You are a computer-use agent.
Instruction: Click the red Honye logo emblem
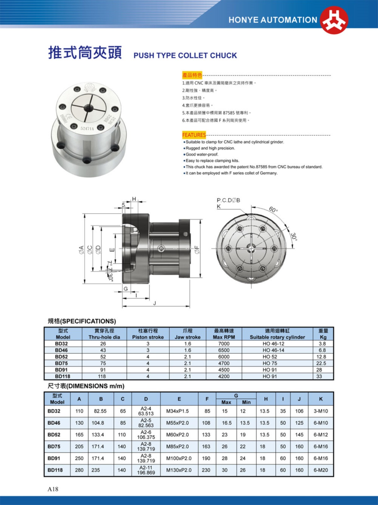tap(334, 20)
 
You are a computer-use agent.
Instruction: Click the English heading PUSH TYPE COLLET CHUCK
tap(185, 55)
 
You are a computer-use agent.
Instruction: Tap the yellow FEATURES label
tap(194, 135)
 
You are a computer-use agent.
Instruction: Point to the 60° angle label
tap(273, 209)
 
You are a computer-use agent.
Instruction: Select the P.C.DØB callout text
tap(228, 200)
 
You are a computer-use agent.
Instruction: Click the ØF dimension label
tap(197, 250)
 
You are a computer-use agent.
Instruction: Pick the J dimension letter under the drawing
tap(154, 303)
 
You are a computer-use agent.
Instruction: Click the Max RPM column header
tap(224, 337)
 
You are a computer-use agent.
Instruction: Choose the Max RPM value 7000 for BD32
tap(224, 344)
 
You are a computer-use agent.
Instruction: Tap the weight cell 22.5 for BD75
tap(321, 363)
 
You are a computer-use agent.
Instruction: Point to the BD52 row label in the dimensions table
tap(54, 435)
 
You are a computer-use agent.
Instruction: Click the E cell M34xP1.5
tap(177, 411)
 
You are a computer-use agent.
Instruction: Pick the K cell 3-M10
tap(321, 411)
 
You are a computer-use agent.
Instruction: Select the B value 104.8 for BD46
tap(98, 423)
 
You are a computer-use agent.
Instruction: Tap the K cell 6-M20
tap(321, 470)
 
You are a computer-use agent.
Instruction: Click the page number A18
tap(53, 489)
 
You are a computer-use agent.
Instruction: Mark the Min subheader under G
tap(246, 402)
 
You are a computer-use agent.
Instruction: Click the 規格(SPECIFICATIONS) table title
tap(82, 321)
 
